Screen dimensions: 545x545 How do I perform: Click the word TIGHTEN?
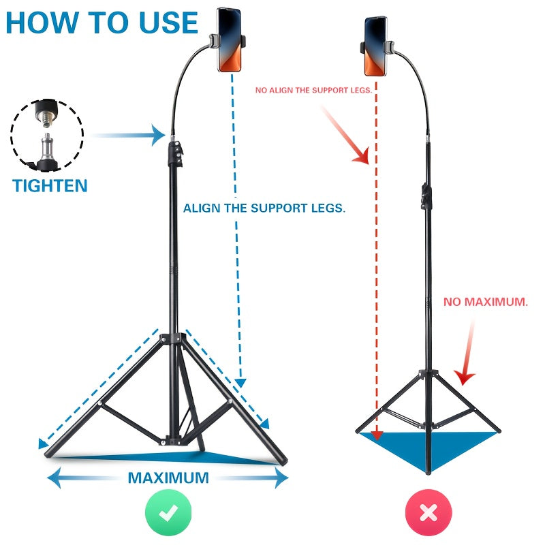coord(50,185)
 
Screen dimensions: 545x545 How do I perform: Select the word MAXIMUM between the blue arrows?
coord(168,478)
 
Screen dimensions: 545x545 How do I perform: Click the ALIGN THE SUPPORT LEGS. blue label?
coord(264,208)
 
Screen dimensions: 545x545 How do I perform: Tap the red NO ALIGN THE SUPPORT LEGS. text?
coord(313,90)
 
